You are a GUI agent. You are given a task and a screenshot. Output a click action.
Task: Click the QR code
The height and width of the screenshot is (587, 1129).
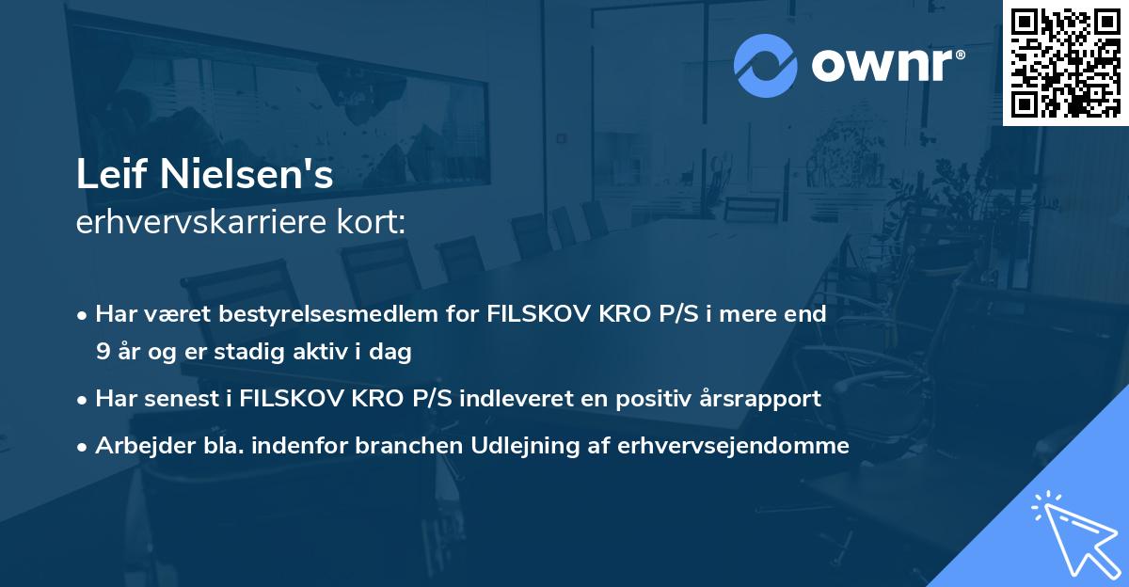coord(1065,63)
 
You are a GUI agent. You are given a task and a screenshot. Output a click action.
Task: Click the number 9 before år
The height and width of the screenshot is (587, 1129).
coord(102,352)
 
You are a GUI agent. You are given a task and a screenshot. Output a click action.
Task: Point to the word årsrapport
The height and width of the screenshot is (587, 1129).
coord(765,399)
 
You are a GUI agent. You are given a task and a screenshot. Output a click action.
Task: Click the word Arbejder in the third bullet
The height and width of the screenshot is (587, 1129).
coord(135,446)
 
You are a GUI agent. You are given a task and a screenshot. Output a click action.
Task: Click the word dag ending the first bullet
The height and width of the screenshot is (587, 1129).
coord(394,352)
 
